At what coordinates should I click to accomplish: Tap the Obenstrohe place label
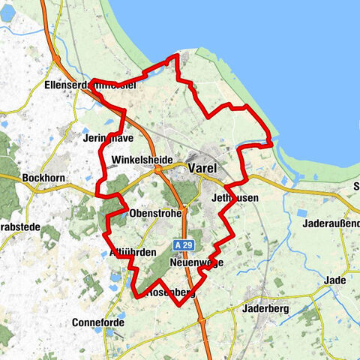point(154,214)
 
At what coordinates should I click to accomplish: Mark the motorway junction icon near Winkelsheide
point(159,169)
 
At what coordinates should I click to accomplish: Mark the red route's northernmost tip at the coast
point(178,55)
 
